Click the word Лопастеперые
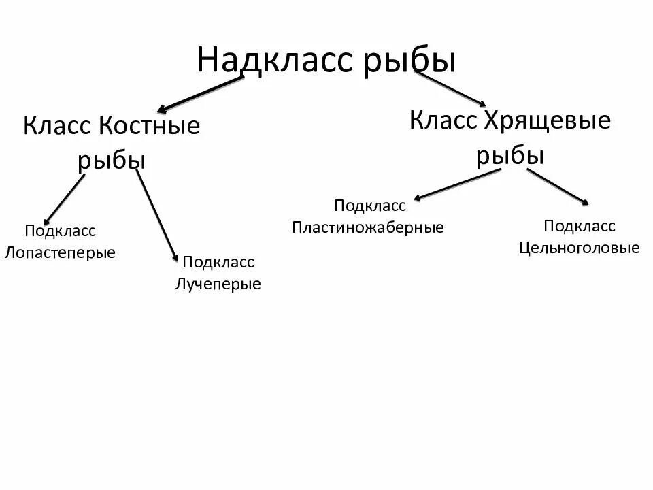tap(60, 252)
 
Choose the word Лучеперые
tap(218, 284)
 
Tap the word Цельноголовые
tap(580, 248)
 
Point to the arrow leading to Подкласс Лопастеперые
tap(65, 199)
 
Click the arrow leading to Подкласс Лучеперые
tap(157, 216)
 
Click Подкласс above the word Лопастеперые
tap(60, 231)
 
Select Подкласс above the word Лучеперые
tap(218, 263)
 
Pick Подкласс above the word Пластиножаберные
tap(369, 206)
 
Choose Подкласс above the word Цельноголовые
tap(580, 226)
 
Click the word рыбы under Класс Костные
tap(112, 161)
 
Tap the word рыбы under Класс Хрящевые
tap(509, 156)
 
